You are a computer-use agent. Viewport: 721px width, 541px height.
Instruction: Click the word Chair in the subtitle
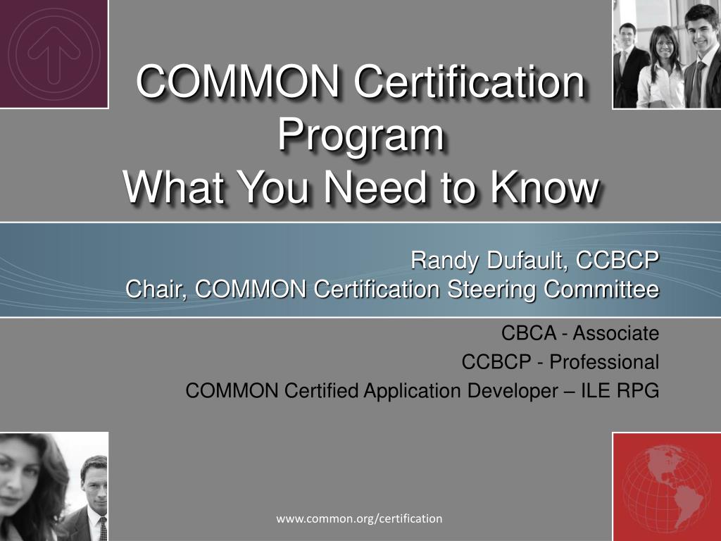pyautogui.click(x=156, y=290)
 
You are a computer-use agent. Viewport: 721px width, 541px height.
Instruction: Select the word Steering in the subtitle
pyautogui.click(x=491, y=290)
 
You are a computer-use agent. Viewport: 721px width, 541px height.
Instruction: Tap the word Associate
pyautogui.click(x=615, y=333)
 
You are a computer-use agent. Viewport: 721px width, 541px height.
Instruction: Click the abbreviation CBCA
pyautogui.click(x=529, y=333)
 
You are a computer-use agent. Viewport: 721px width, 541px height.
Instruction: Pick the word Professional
pyautogui.click(x=604, y=362)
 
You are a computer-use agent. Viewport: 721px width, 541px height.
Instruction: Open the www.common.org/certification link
pyautogui.click(x=359, y=519)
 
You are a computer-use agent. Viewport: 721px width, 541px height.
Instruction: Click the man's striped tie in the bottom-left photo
pyautogui.click(x=103, y=528)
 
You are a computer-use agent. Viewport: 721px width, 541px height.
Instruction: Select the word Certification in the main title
pyautogui.click(x=470, y=81)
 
